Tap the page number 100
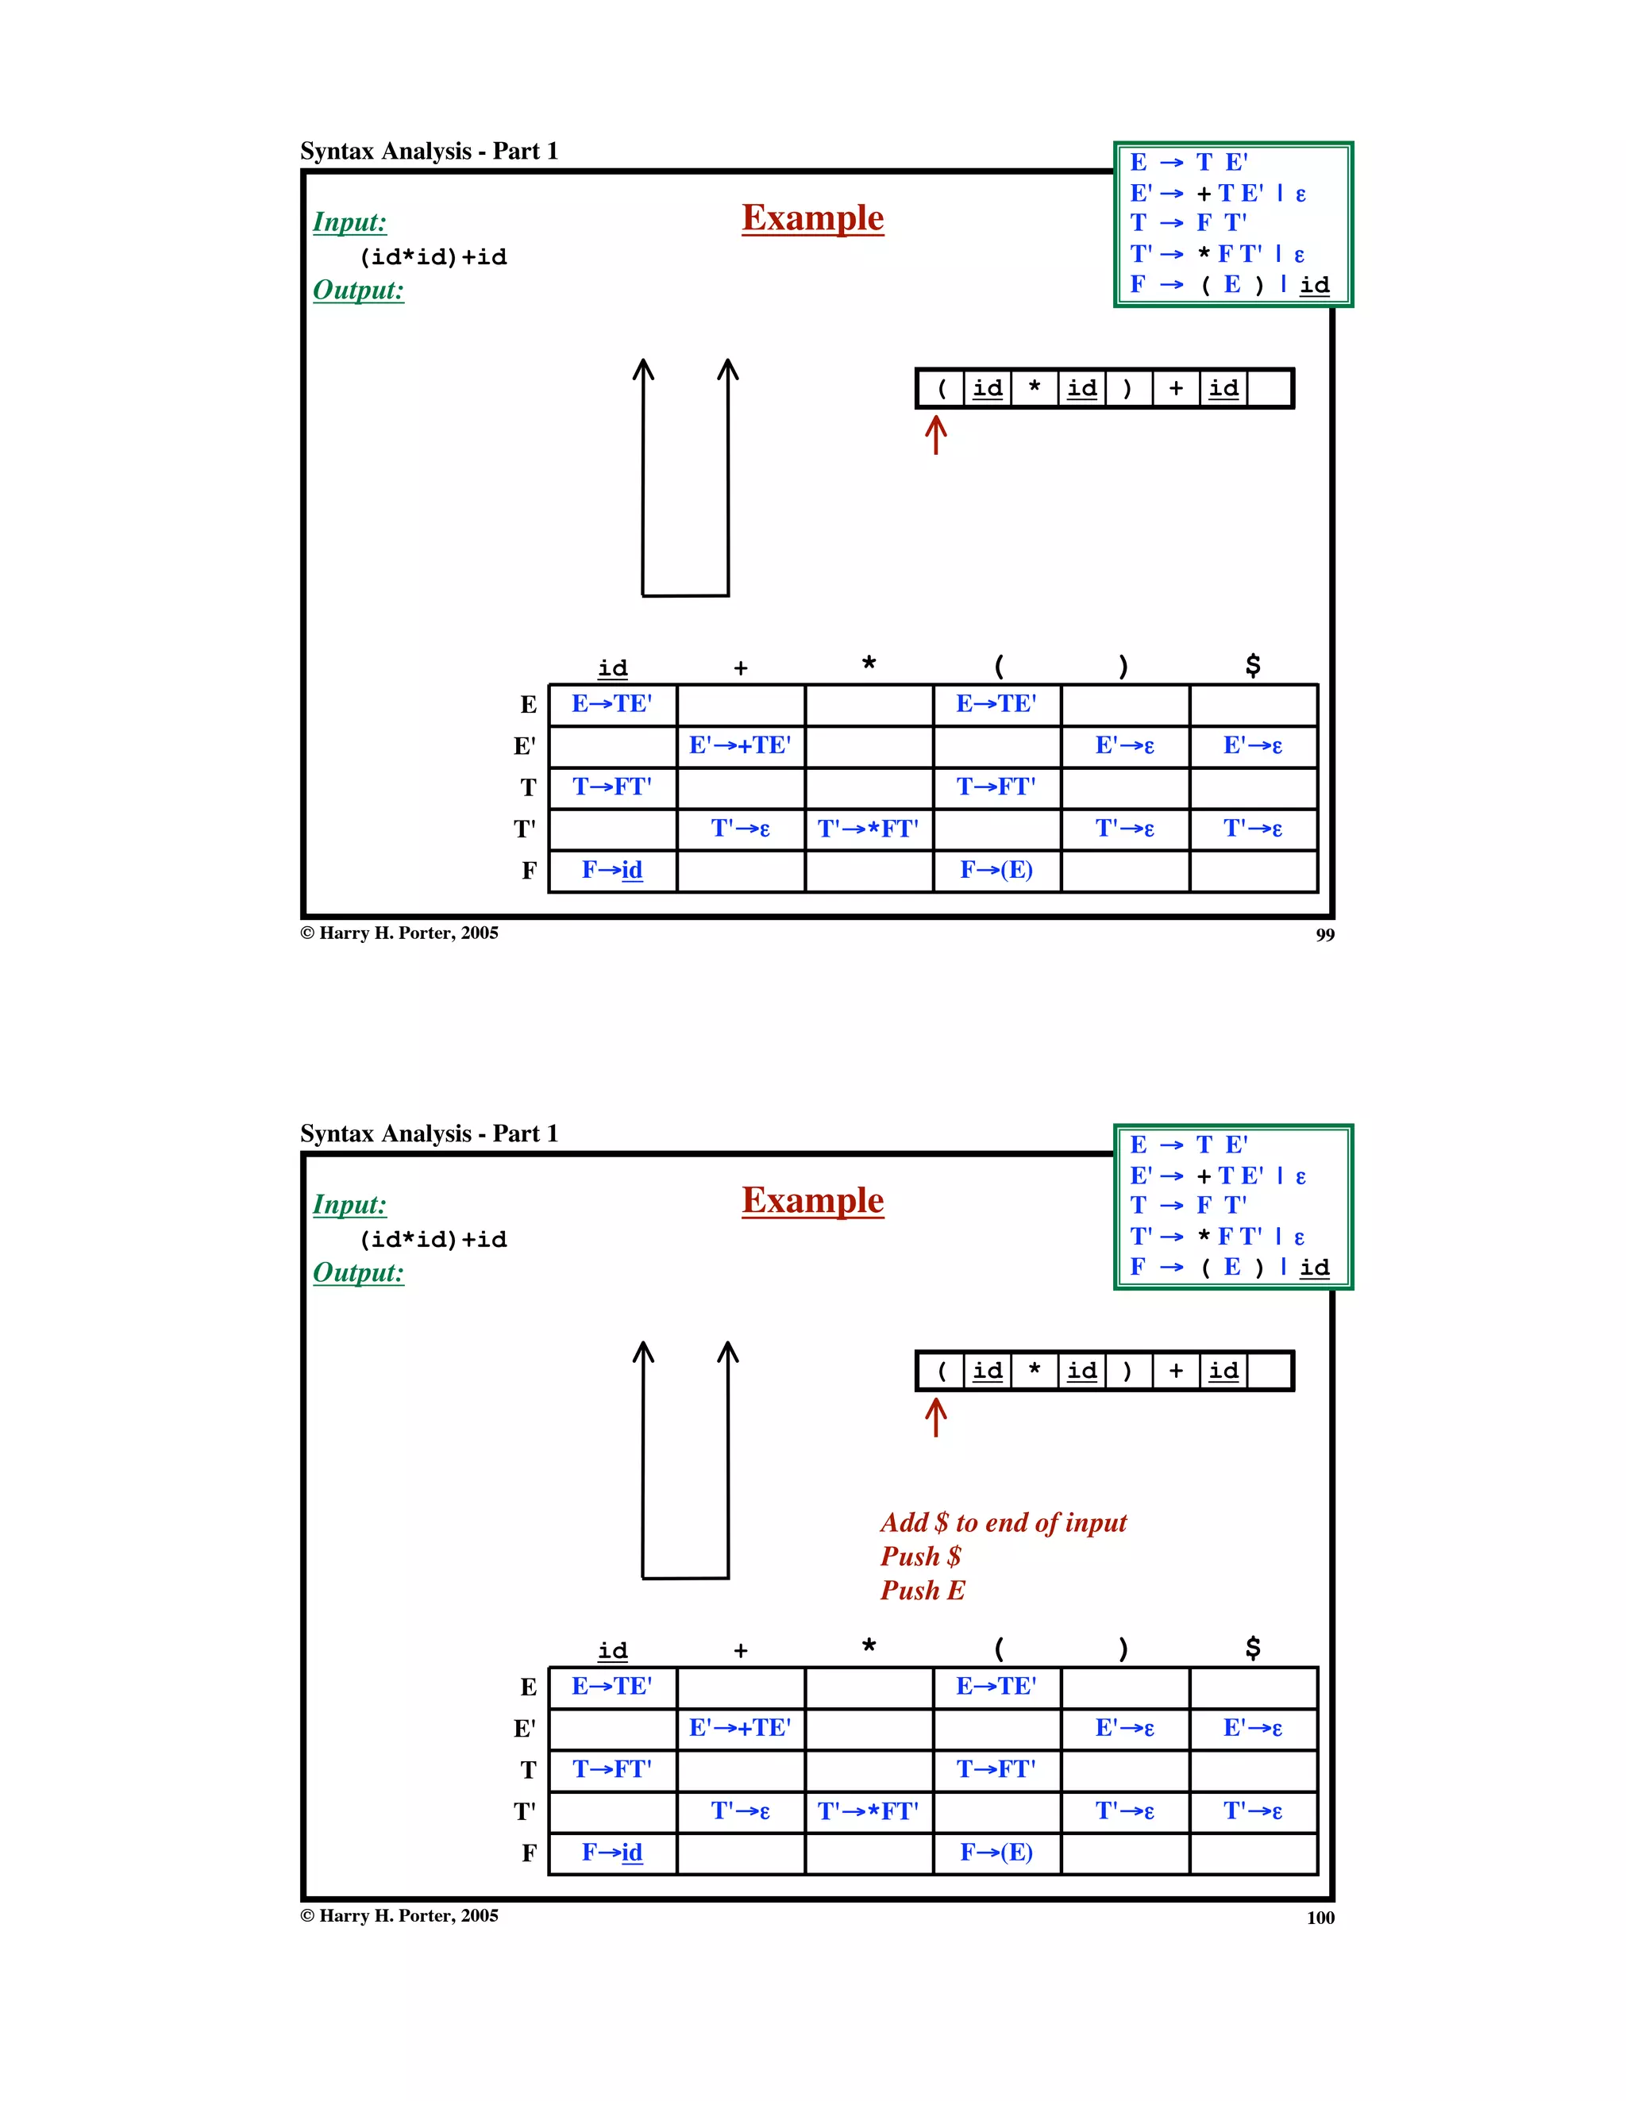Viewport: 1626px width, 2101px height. [1320, 1918]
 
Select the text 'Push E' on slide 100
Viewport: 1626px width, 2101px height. [922, 1590]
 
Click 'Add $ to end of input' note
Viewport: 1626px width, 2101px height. [1003, 1523]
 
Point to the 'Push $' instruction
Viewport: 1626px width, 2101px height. [920, 1557]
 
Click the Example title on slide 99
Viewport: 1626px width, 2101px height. [812, 218]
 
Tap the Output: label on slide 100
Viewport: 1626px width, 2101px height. [358, 1272]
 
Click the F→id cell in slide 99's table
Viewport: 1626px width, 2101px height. [612, 871]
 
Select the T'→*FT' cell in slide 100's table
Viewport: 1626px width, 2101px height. [868, 1811]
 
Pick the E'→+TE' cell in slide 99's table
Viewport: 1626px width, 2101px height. [740, 745]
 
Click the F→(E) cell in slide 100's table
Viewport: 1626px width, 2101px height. [996, 1853]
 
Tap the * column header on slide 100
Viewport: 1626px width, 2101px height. [868, 1646]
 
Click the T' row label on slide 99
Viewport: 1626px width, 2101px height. [524, 829]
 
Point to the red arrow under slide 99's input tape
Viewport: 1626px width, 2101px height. [935, 435]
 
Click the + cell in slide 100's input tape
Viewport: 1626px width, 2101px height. [1176, 1371]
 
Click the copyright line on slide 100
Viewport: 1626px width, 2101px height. [399, 1915]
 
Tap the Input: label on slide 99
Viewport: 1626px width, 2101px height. [349, 222]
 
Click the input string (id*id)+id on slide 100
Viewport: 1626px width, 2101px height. [433, 1240]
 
